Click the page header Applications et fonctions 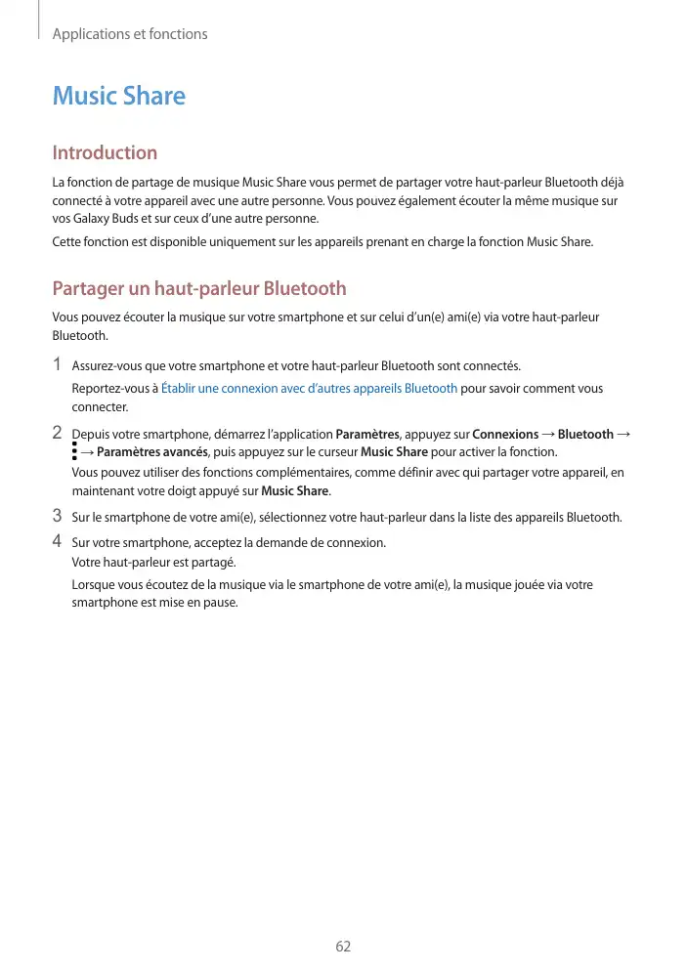pos(129,34)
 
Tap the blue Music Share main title pos(118,96)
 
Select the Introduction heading pos(105,152)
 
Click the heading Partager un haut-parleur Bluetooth pos(199,288)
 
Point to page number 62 pos(343,947)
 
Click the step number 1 pos(58,365)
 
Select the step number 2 pos(58,432)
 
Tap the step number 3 pos(58,516)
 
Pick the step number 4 pos(58,540)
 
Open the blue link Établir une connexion pos(309,389)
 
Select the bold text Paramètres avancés pos(151,451)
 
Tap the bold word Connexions pos(505,434)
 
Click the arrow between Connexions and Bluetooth pos(548,434)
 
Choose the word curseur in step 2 pos(336,451)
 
